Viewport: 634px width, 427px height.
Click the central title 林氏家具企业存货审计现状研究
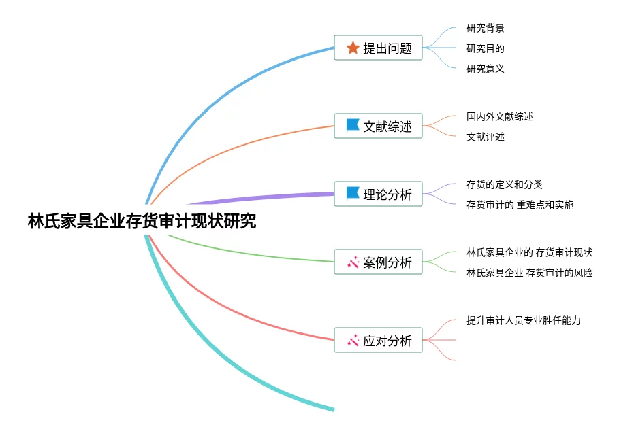(142, 222)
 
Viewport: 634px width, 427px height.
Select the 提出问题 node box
(378, 48)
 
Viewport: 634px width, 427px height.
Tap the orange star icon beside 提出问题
(353, 48)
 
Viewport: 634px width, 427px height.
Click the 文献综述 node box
(378, 126)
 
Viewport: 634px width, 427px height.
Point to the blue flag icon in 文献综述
(353, 126)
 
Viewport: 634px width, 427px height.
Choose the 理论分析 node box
(378, 194)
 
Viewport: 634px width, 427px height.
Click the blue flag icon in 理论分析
(353, 194)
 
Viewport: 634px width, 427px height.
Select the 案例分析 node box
(378, 262)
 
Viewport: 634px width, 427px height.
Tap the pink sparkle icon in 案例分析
(353, 262)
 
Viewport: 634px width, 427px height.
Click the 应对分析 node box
(378, 340)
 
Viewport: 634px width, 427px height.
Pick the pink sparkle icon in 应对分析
(353, 340)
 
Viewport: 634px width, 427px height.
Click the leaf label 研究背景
(485, 28)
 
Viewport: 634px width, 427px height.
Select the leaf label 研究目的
(485, 48)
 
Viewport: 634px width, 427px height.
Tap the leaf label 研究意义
(485, 69)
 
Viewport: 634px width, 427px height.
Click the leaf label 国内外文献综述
(499, 116)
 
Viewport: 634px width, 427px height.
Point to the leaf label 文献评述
(485, 137)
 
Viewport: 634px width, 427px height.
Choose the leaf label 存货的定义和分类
(504, 184)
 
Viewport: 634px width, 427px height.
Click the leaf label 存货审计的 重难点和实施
(520, 205)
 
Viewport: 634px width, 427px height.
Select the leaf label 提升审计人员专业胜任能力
(523, 320)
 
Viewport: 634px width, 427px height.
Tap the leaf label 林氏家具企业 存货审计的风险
(529, 273)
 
